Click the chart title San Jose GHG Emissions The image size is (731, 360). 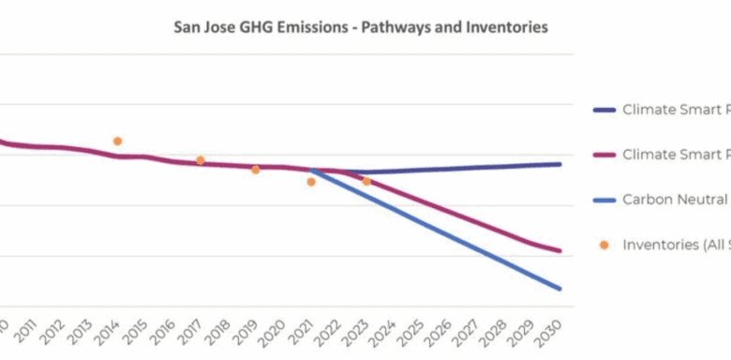pyautogui.click(x=360, y=27)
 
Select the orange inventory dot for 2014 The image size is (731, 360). pyautogui.click(x=117, y=142)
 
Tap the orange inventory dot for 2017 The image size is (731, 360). pyautogui.click(x=200, y=160)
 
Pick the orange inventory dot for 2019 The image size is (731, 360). pyautogui.click(x=255, y=170)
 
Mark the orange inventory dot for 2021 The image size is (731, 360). pyautogui.click(x=311, y=182)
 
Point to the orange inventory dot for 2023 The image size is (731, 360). pyautogui.click(x=366, y=181)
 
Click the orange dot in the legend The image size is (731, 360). pyautogui.click(x=604, y=245)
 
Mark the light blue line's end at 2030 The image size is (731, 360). pyautogui.click(x=560, y=288)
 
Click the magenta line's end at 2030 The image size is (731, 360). pyautogui.click(x=560, y=250)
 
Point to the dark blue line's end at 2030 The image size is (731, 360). pyautogui.click(x=560, y=164)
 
